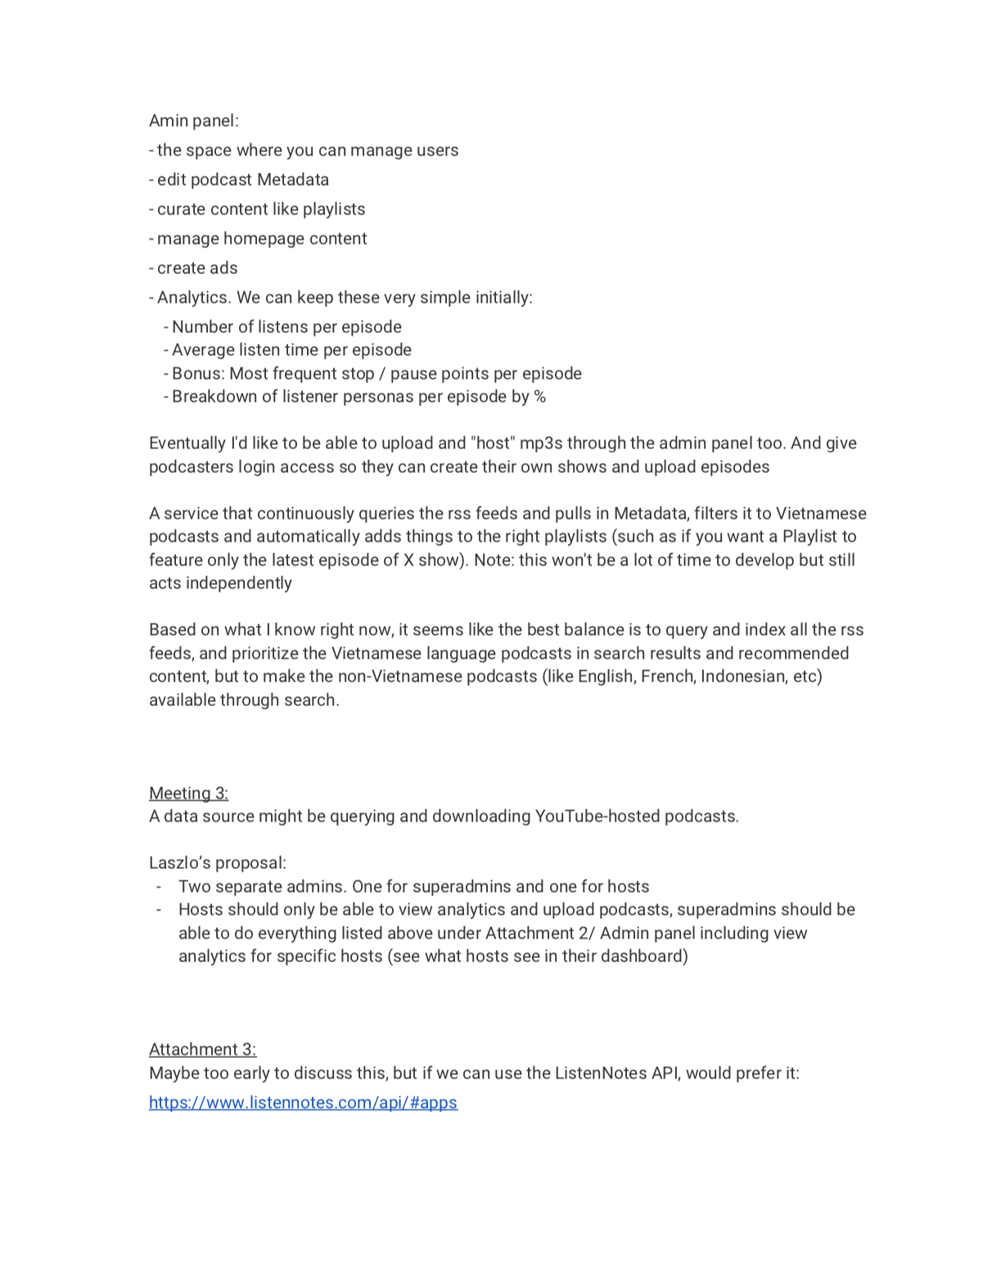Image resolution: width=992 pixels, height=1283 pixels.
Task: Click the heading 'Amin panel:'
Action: pyautogui.click(x=193, y=121)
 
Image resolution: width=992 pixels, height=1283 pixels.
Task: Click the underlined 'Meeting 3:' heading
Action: pyautogui.click(x=188, y=793)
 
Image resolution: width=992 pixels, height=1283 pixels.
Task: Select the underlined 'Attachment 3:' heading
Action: pyautogui.click(x=202, y=1049)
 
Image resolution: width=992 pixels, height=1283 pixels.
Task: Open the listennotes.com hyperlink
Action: pyautogui.click(x=303, y=1102)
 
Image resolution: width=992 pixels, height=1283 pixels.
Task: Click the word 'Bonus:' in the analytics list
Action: pyautogui.click(x=198, y=374)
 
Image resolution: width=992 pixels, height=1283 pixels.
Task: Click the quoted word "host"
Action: pyautogui.click(x=491, y=443)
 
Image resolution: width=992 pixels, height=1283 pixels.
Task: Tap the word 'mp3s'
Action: pyautogui.click(x=541, y=443)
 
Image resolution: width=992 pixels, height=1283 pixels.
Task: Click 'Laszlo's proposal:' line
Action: pyautogui.click(x=218, y=863)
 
